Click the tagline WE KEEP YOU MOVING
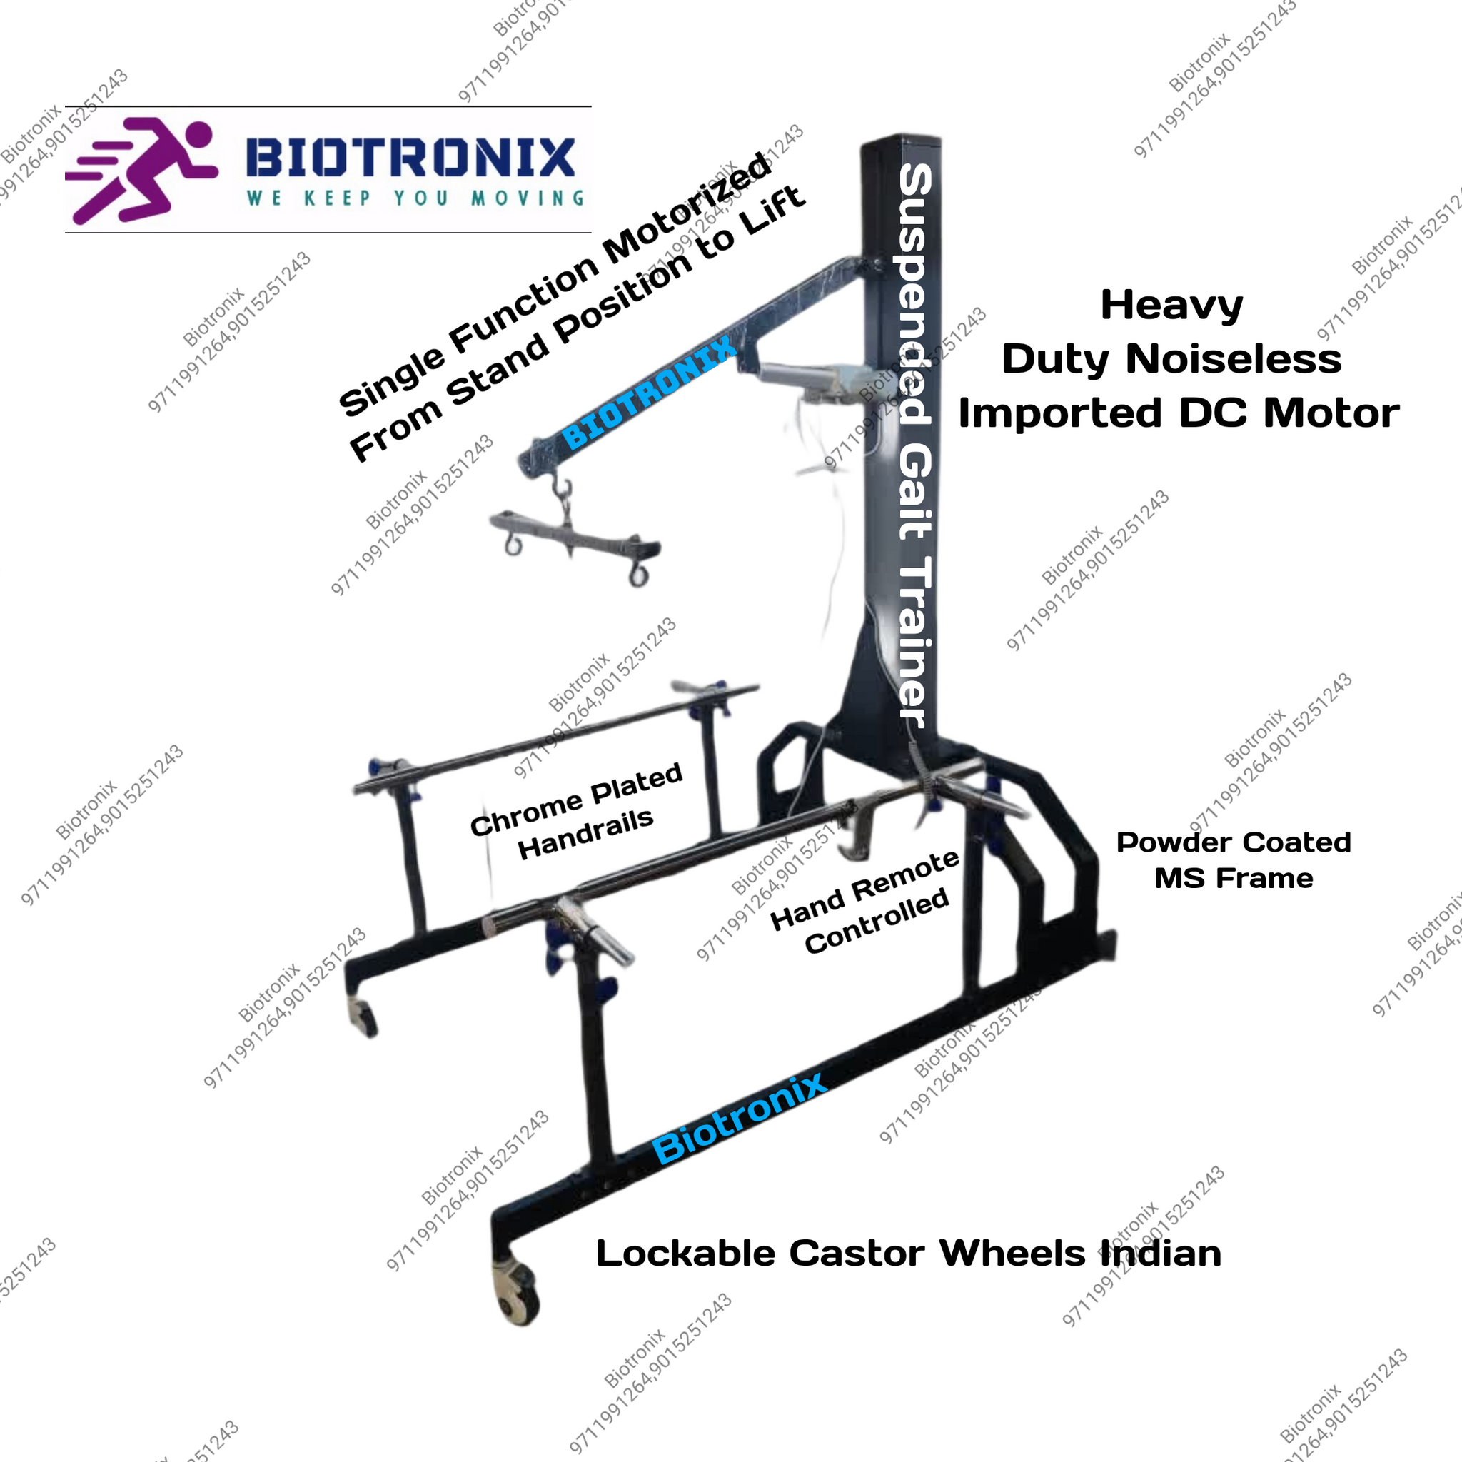[x=415, y=198]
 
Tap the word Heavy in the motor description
[x=1171, y=306]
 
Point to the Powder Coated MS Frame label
[x=1234, y=860]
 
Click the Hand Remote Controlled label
[x=865, y=902]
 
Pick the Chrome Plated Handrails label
[x=577, y=811]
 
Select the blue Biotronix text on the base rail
[x=740, y=1119]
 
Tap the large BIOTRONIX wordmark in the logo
[x=411, y=157]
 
